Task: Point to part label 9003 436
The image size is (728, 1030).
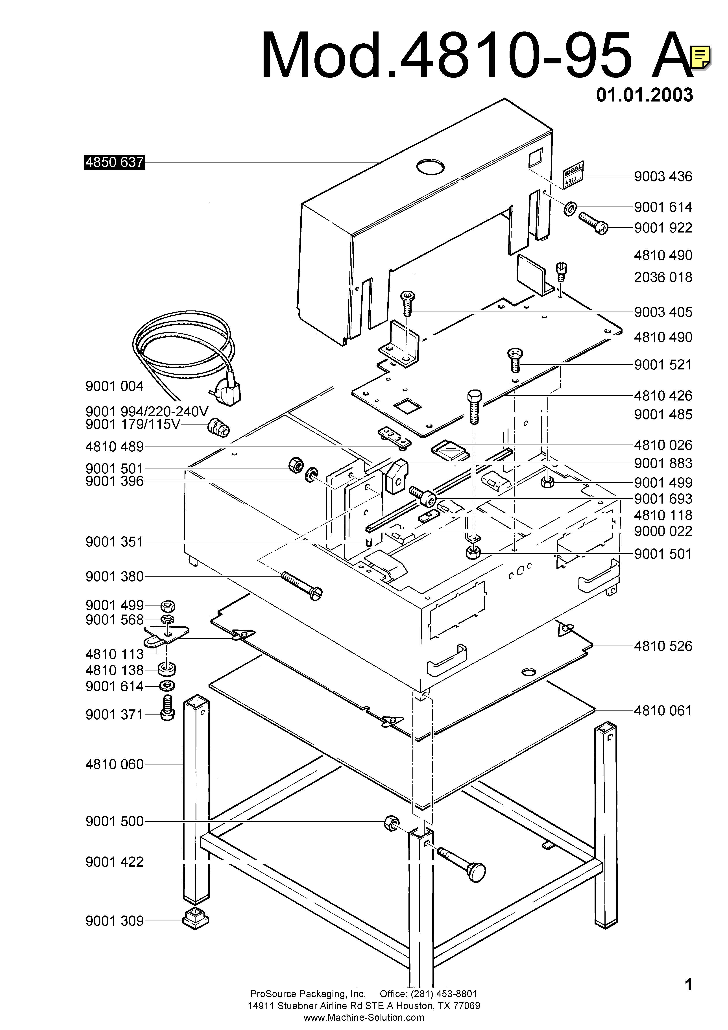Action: click(663, 177)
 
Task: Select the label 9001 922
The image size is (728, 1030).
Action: click(663, 228)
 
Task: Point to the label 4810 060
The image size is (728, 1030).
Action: click(114, 764)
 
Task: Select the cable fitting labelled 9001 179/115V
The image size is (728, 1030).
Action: click(219, 427)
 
